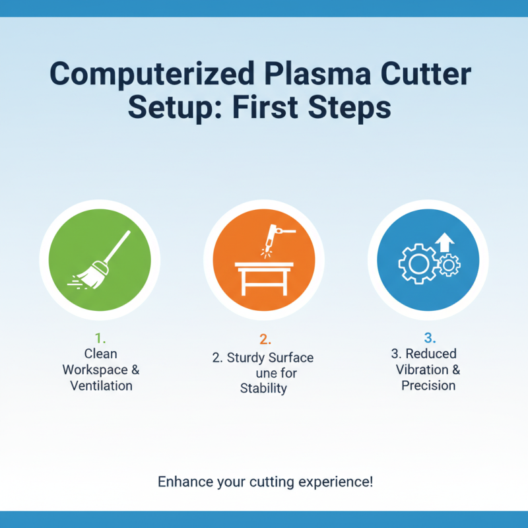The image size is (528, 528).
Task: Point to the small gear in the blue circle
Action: point(450,265)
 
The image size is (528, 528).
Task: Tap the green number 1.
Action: point(100,339)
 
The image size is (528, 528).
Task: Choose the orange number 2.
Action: point(265,340)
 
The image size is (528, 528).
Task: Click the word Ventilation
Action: point(101,385)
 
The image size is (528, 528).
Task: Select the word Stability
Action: point(263,388)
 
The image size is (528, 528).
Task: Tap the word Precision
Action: point(428,385)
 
